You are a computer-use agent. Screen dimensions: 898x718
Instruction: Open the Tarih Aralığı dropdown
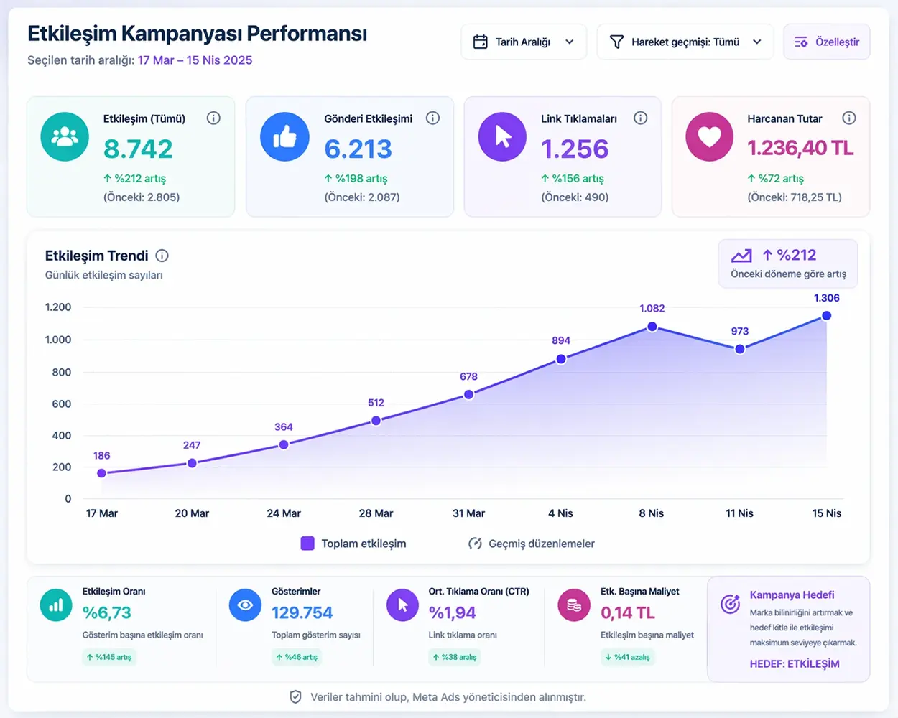click(524, 42)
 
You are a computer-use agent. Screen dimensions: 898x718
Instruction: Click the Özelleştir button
click(826, 42)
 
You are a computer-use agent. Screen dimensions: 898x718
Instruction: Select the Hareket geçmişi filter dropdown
click(685, 42)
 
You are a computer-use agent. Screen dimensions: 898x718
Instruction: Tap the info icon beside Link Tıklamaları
click(640, 118)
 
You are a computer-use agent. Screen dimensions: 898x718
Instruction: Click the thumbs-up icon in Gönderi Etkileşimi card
click(284, 137)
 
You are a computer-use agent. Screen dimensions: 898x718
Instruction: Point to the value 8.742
click(138, 149)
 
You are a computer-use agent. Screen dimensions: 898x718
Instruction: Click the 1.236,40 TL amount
click(800, 148)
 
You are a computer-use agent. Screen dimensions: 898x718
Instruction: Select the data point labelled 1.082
click(652, 327)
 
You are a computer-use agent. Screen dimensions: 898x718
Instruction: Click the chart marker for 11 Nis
click(739, 349)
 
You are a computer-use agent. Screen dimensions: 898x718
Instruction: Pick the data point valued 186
click(101, 473)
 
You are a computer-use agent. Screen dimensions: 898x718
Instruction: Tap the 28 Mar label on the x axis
click(376, 513)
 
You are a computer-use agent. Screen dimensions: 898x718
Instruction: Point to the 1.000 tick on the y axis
click(58, 340)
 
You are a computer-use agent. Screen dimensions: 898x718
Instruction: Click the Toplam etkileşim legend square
click(307, 544)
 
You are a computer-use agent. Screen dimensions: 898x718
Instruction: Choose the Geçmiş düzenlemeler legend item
click(531, 544)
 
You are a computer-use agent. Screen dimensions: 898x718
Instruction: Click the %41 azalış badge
click(628, 657)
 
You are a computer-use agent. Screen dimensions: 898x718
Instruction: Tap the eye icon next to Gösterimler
click(245, 605)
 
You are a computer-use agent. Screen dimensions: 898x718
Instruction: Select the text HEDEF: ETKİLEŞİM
click(794, 663)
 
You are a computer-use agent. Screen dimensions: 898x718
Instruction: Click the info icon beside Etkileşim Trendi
click(162, 256)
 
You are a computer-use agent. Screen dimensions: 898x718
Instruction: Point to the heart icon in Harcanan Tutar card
click(709, 137)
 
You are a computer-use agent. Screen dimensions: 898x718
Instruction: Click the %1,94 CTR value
click(453, 612)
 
